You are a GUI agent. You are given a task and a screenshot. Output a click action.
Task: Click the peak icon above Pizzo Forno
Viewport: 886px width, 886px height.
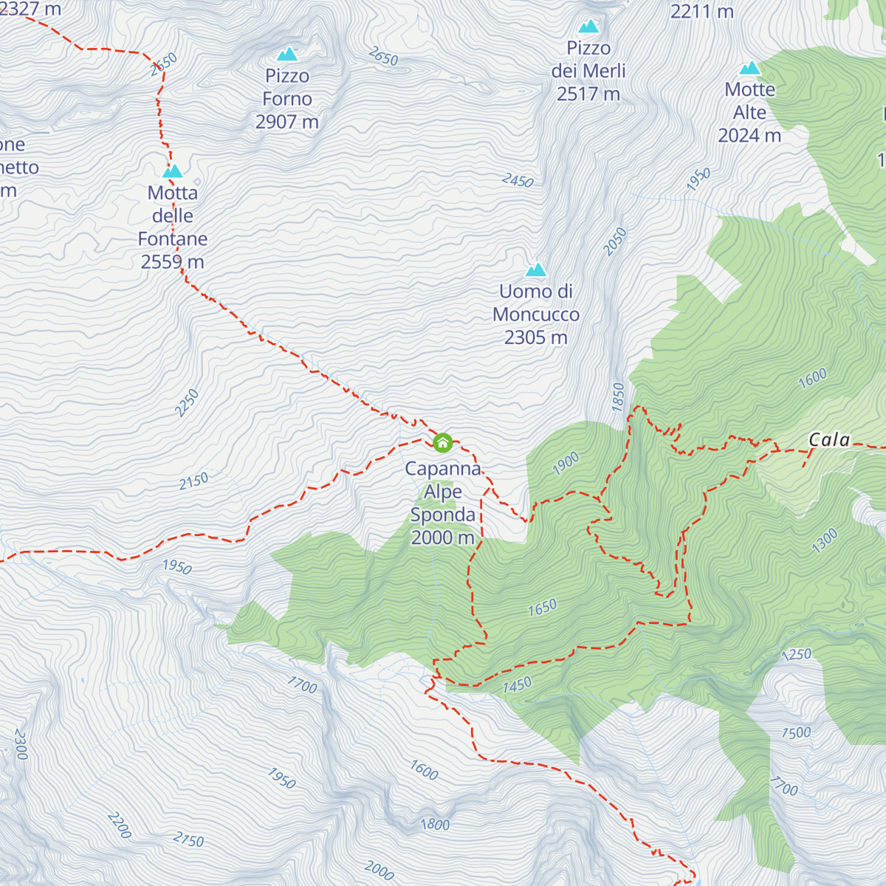(x=286, y=54)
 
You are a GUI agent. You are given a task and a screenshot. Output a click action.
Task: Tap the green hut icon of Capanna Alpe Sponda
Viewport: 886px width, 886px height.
(x=442, y=442)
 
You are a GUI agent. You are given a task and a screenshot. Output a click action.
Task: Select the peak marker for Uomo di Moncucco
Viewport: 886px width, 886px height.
(x=536, y=269)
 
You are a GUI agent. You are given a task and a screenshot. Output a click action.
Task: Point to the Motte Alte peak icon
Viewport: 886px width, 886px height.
(x=750, y=68)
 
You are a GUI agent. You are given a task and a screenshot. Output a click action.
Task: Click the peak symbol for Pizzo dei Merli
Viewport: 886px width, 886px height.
(x=588, y=27)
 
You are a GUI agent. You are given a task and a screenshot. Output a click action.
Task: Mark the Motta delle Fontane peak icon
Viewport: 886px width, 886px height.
(x=172, y=171)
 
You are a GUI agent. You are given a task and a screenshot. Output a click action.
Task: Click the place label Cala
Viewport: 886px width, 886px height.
(x=829, y=440)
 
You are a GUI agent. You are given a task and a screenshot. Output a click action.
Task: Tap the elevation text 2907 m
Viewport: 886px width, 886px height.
(x=287, y=122)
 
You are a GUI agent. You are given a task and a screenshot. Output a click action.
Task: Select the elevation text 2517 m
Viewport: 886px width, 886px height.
(x=588, y=94)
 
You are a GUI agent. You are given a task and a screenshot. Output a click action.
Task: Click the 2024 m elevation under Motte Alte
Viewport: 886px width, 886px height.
(x=749, y=135)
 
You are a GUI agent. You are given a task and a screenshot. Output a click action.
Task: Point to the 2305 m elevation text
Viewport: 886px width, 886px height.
(x=536, y=337)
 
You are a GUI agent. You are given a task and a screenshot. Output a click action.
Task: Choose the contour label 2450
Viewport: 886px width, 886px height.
(x=517, y=180)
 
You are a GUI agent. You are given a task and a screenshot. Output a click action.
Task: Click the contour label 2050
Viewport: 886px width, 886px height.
(x=615, y=241)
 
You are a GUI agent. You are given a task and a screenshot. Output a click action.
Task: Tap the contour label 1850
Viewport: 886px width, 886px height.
(x=618, y=396)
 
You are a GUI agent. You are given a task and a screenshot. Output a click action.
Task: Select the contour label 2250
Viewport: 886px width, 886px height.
(x=188, y=402)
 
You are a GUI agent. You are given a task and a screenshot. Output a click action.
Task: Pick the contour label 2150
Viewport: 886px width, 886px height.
(x=193, y=481)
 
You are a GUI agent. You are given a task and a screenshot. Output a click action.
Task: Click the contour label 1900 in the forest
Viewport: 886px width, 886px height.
(x=566, y=463)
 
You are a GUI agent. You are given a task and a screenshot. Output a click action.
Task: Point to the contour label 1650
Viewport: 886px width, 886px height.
(x=542, y=608)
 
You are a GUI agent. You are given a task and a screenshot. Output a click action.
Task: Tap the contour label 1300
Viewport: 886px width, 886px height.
(x=825, y=540)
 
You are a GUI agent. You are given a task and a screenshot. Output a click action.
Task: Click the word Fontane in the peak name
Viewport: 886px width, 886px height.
(x=173, y=238)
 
